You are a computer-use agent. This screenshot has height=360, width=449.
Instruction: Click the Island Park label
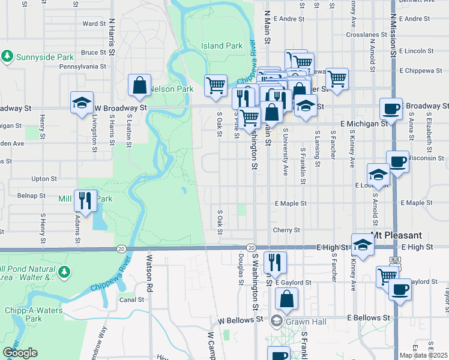click(222, 46)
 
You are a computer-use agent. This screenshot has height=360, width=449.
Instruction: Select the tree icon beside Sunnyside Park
click(8, 56)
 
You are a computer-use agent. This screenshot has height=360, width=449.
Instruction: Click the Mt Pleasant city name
click(396, 235)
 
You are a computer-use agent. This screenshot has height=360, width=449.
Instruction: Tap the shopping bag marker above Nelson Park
click(139, 86)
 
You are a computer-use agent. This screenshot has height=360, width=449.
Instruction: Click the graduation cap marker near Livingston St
click(82, 103)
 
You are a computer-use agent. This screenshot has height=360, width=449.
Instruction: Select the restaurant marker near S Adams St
click(85, 201)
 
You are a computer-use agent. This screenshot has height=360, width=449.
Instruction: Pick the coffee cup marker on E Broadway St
click(391, 110)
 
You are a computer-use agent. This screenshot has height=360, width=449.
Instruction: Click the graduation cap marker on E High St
click(362, 245)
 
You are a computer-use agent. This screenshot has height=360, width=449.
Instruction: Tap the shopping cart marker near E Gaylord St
click(387, 277)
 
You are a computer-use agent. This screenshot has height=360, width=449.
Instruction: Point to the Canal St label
click(131, 299)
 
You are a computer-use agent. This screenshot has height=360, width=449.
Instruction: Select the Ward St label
click(94, 24)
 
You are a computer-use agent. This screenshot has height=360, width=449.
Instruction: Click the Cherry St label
click(286, 230)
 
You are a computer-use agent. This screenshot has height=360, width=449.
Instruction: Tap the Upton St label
click(44, 179)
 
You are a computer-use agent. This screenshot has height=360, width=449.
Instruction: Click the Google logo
click(20, 353)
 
